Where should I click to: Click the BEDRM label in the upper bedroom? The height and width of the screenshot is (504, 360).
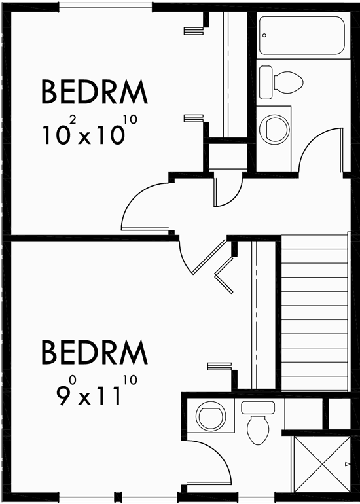click(95, 92)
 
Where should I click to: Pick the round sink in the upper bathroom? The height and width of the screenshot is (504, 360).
click(274, 128)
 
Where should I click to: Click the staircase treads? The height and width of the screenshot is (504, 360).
click(314, 314)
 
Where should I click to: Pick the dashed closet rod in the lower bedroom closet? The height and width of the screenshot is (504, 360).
click(255, 314)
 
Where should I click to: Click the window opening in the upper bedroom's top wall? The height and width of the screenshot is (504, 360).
click(105, 5)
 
